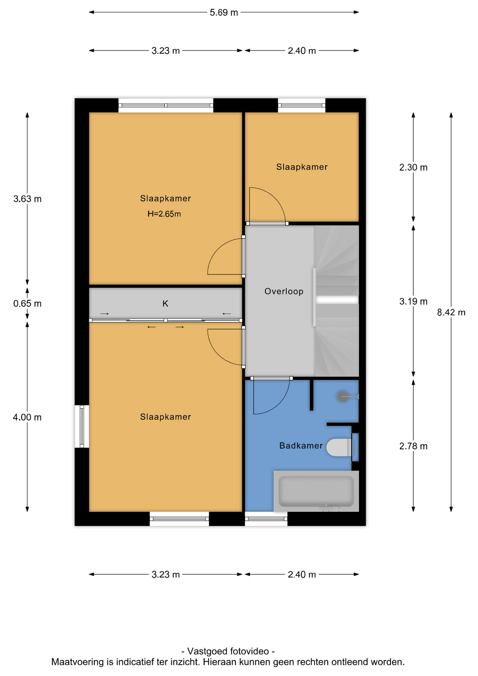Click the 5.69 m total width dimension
[x=224, y=12]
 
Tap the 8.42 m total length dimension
[x=451, y=312]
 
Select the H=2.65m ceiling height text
[x=164, y=214]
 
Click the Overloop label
[x=284, y=291]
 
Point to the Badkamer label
[x=301, y=446]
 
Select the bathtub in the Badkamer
[x=316, y=491]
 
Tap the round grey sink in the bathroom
[x=342, y=397]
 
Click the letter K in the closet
[x=165, y=303]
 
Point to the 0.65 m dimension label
[x=27, y=303]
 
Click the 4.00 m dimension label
[x=27, y=417]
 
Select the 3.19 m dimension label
[x=413, y=301]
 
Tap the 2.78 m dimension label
[x=413, y=446]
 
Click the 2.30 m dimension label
[x=413, y=167]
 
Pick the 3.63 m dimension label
[x=27, y=199]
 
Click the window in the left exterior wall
[x=82, y=426]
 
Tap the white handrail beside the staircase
[x=314, y=297]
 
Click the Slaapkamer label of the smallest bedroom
[x=302, y=167]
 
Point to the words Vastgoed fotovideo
[x=228, y=651]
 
